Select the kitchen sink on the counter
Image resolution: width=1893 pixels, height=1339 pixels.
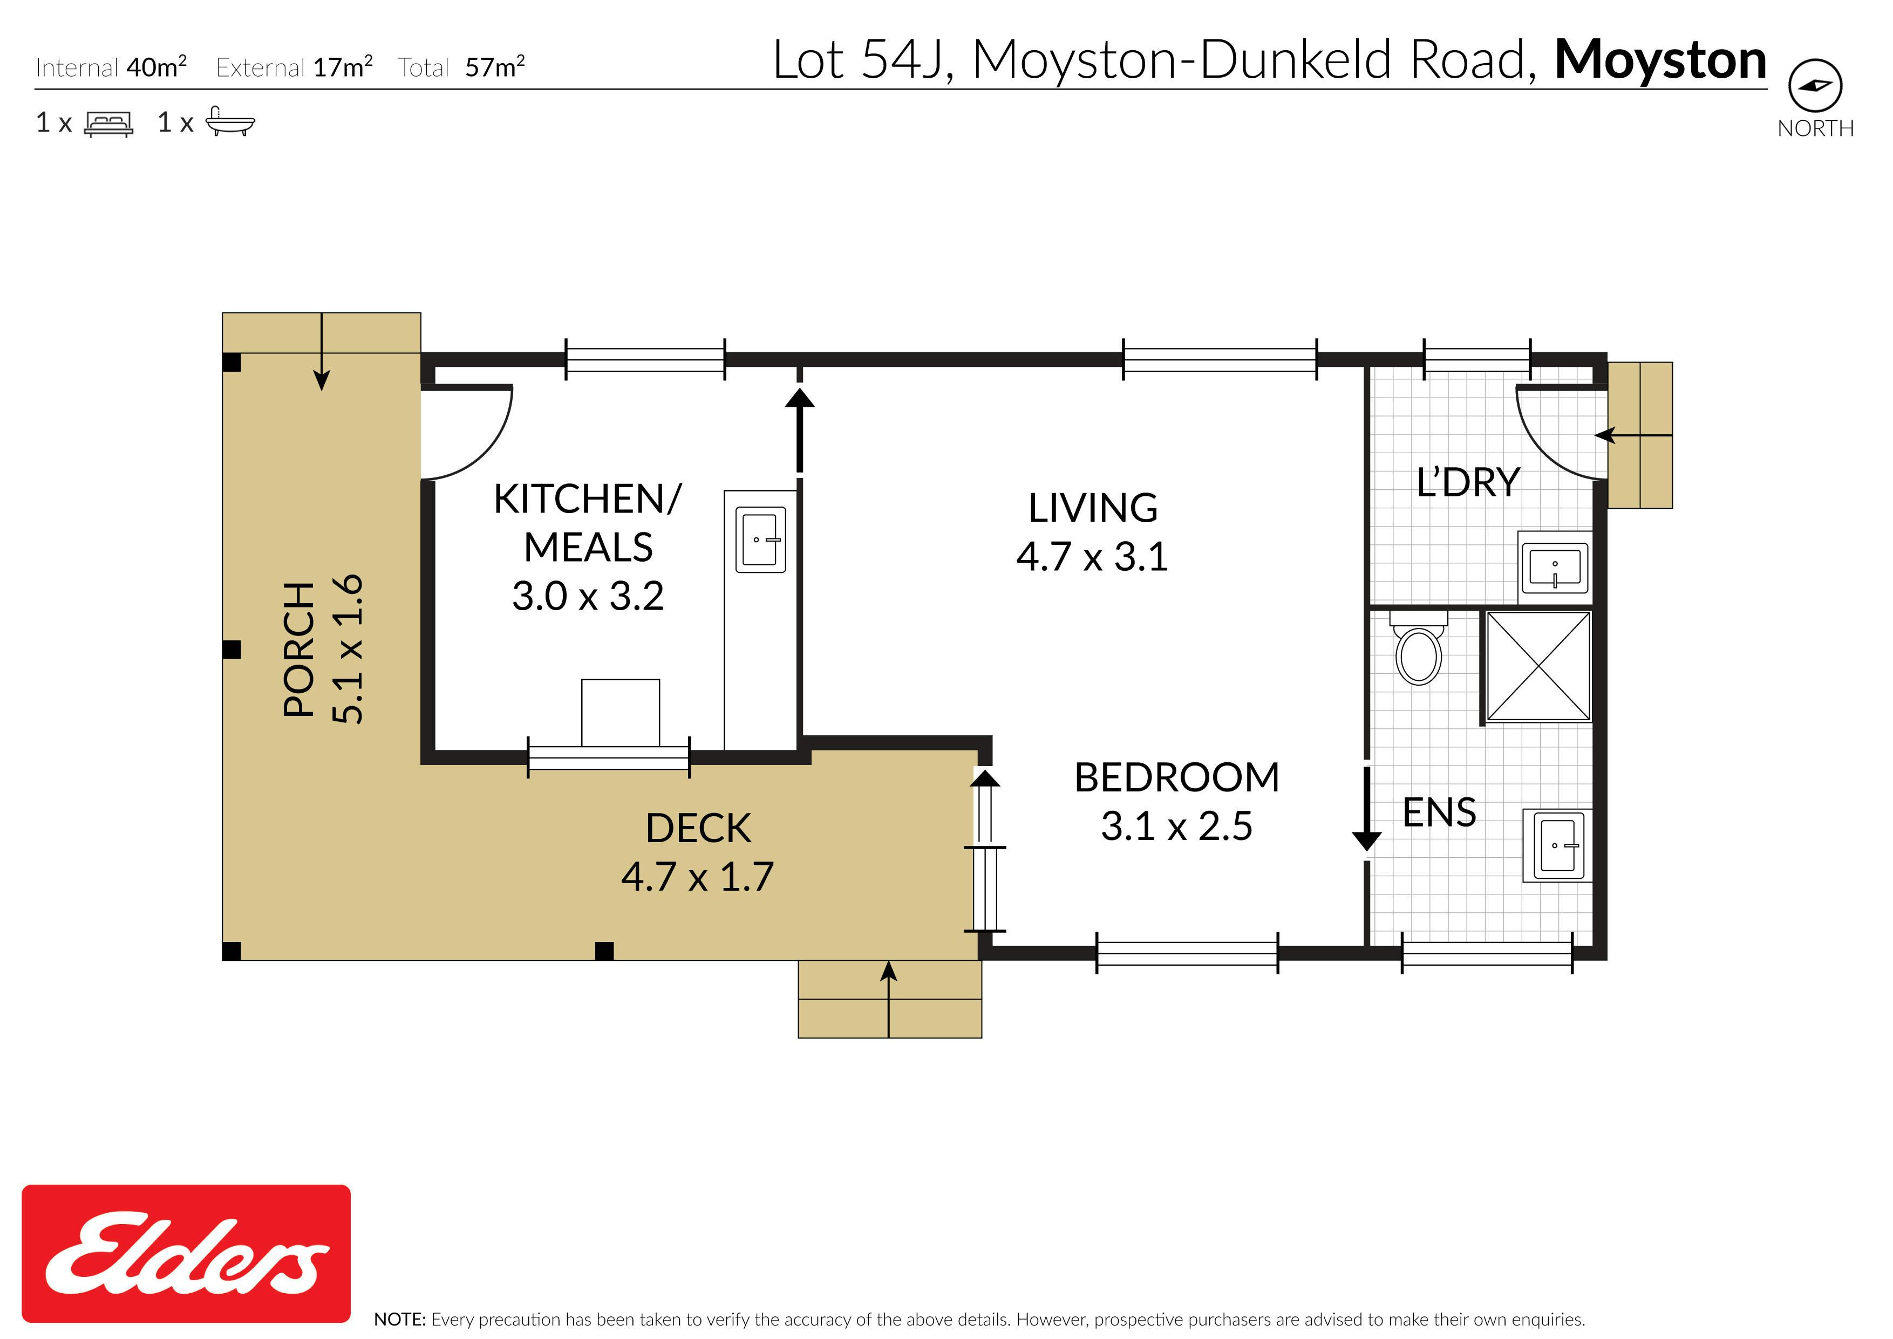[760, 539]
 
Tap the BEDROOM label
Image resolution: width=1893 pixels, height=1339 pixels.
[1176, 777]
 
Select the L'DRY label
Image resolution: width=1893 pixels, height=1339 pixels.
[1468, 482]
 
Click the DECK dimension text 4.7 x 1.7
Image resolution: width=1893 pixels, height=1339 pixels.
[698, 877]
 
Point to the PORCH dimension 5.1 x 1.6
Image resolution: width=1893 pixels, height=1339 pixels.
[347, 649]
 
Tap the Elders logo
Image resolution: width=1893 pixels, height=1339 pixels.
[186, 1253]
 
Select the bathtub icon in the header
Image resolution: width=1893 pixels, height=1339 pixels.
[229, 121]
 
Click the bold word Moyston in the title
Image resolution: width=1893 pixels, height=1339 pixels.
[1660, 61]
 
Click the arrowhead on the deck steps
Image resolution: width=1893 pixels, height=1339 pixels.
[889, 971]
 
